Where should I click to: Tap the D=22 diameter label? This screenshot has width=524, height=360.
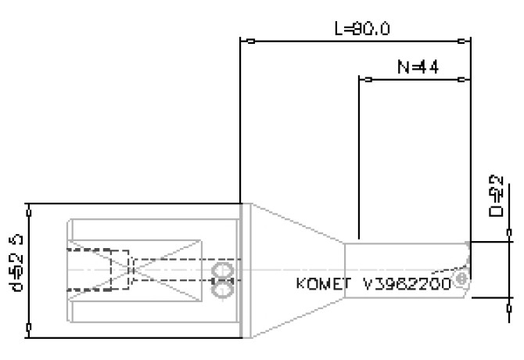pos(497,196)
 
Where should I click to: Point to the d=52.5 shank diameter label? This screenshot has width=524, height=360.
pos(16,270)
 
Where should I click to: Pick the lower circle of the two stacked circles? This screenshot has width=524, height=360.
pos(222,290)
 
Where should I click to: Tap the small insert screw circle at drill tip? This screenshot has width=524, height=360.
pos(461,278)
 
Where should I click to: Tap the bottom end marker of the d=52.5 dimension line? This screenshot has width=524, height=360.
pos(29,329)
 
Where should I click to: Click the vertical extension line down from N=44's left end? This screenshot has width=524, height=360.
pos(358,157)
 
